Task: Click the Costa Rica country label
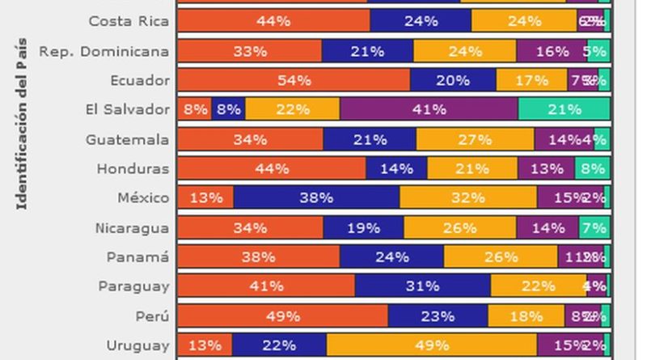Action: pyautogui.click(x=129, y=21)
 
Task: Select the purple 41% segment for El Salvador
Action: pyautogui.click(x=429, y=109)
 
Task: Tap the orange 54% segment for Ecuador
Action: pyautogui.click(x=294, y=80)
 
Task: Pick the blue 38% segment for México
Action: pyautogui.click(x=316, y=198)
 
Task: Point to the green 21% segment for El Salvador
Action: pyautogui.click(x=564, y=109)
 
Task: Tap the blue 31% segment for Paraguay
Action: pyautogui.click(x=422, y=286)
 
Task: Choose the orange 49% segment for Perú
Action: pyautogui.click(x=282, y=316)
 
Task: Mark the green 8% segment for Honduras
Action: pyautogui.click(x=592, y=168)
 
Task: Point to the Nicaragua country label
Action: pyautogui.click(x=128, y=227)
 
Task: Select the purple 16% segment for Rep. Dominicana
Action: pyautogui.click(x=552, y=51)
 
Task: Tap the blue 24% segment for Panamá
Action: pyautogui.click(x=391, y=257)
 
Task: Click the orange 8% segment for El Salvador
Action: pyautogui.click(x=194, y=109)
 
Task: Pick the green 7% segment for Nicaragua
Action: pyautogui.click(x=594, y=227)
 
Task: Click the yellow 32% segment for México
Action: pyautogui.click(x=467, y=198)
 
